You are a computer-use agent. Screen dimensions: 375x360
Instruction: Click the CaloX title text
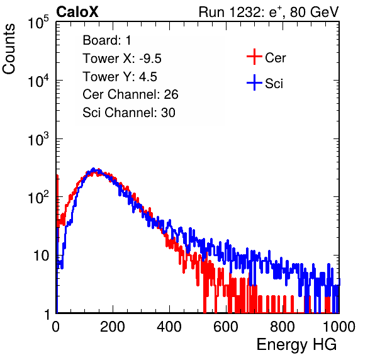coord(77,12)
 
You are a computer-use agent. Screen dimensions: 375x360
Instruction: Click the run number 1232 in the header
coord(245,12)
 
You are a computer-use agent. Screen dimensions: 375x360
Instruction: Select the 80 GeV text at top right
coord(314,12)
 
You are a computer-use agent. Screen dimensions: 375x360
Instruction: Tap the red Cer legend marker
coord(254,57)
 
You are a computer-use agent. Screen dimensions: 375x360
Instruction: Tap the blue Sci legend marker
coord(254,82)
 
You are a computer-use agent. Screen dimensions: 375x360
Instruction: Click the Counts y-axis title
coord(9,49)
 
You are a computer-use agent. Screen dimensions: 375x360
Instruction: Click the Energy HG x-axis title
coord(296,344)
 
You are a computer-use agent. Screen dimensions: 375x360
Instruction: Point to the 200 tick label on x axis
coord(113,327)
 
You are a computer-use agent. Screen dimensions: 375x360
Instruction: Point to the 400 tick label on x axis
coord(169,327)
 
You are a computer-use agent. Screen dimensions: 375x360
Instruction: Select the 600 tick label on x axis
coord(226,327)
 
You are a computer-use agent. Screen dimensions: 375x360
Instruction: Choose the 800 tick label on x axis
coord(283,327)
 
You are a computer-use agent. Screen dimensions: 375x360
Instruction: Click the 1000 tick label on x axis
coord(339,327)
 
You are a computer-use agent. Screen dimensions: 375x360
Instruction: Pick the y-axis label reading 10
coord(42,256)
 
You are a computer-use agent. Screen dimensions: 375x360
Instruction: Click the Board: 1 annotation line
coord(107,40)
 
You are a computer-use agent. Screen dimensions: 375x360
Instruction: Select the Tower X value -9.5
coord(150,59)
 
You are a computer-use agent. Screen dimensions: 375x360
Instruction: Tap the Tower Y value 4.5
coord(148,77)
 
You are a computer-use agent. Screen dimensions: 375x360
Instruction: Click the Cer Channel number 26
coord(171,94)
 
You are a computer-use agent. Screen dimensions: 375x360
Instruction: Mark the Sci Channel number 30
coord(168,113)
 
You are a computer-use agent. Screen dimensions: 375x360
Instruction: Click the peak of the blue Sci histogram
coord(94,169)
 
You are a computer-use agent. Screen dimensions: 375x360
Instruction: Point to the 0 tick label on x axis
coord(56,327)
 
